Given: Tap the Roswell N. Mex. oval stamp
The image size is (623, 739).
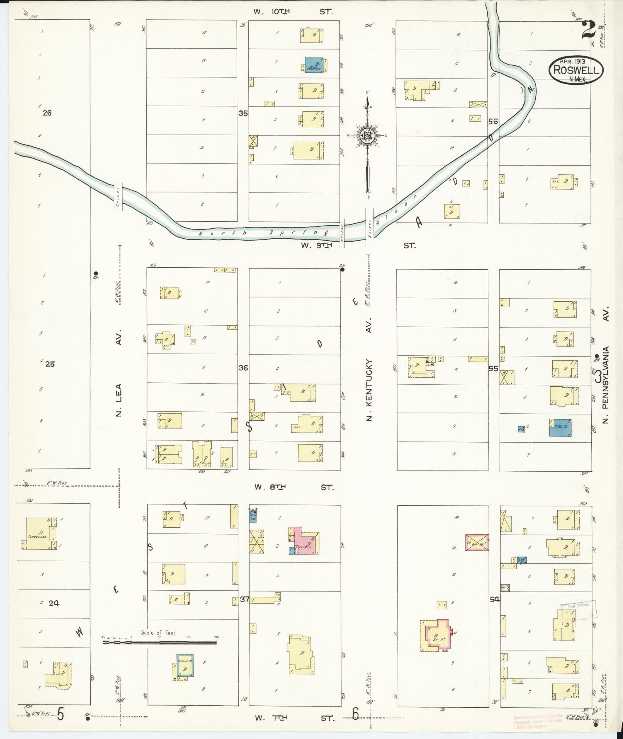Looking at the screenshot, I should [576, 70].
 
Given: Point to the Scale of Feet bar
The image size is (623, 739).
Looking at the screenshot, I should [159, 643].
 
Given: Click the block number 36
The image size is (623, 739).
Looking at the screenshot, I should [243, 368].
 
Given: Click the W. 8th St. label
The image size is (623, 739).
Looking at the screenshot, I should [294, 487].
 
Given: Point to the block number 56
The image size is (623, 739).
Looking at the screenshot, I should [493, 121].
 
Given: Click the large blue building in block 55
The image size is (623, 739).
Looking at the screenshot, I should [560, 428].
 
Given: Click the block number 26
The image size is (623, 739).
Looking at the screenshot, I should [47, 113].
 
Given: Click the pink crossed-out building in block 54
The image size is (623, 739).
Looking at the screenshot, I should [477, 542].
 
